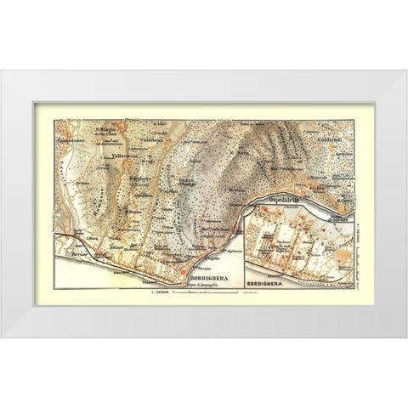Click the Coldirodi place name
(x=330, y=141)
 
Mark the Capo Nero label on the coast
(x=343, y=201)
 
